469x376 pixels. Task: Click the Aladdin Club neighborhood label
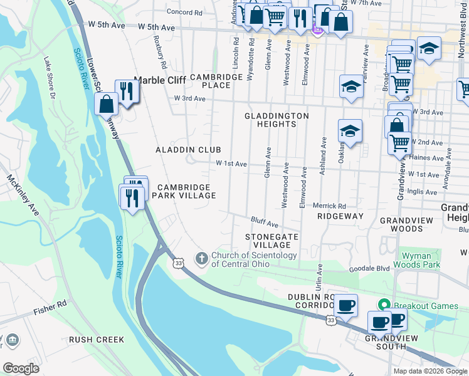[x=188, y=150]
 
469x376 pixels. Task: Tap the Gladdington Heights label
[x=277, y=120]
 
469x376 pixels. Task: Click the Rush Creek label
[x=97, y=340]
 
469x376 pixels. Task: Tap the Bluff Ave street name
[x=264, y=222]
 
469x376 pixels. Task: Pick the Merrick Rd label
[x=330, y=206]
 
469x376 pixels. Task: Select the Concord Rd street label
[x=184, y=12]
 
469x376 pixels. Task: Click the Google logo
[x=21, y=368]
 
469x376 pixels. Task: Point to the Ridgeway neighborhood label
[x=340, y=216]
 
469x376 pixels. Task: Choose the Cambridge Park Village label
[x=186, y=191]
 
